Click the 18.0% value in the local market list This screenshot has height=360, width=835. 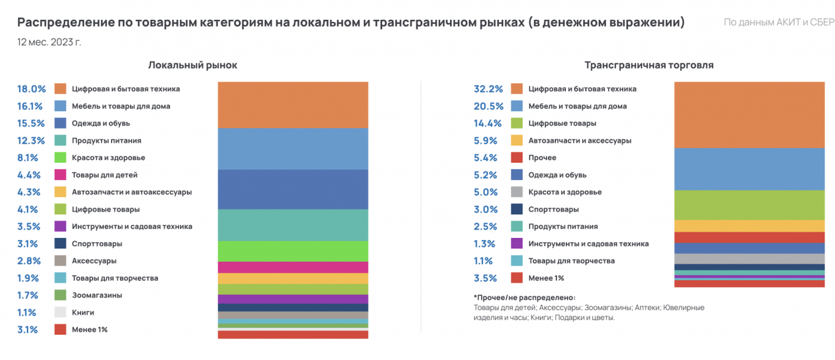[31, 89]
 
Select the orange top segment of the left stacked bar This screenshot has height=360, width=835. [293, 105]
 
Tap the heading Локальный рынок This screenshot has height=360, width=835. [193, 65]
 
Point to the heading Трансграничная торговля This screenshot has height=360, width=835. [649, 65]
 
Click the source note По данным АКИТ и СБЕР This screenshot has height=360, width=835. [779, 23]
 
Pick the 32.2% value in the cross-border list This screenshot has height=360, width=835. [488, 89]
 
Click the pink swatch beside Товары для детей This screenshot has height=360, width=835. [61, 175]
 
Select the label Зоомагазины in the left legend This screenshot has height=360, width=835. [97, 295]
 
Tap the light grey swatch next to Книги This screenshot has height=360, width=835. [61, 312]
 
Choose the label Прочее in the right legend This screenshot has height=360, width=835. [542, 157]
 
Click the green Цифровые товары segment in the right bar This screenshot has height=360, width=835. [749, 205]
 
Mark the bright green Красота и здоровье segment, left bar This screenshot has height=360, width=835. [293, 251]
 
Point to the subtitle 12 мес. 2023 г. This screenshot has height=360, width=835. [49, 42]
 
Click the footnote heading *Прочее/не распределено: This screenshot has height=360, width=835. [524, 297]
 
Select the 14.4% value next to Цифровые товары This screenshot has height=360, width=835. [488, 124]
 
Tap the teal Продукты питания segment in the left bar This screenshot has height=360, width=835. [293, 225]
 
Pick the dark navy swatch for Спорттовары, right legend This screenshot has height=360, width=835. [517, 209]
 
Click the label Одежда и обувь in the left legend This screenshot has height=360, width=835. [101, 123]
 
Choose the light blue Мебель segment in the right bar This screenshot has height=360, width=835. [749, 169]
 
